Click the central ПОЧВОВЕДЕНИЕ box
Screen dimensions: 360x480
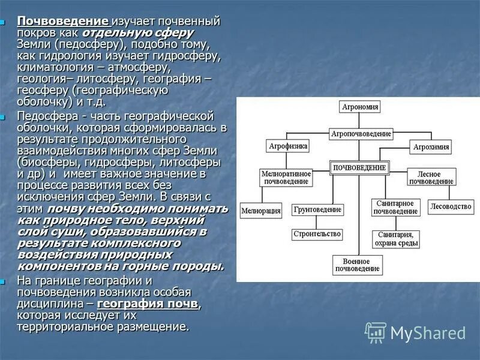click(359, 167)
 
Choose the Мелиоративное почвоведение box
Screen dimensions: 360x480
click(286, 177)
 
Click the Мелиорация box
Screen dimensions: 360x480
click(261, 211)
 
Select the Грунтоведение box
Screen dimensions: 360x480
click(318, 210)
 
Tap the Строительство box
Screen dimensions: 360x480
click(317, 234)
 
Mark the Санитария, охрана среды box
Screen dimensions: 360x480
click(395, 239)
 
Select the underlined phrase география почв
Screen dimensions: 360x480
click(148, 304)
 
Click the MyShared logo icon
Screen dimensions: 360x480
click(376, 332)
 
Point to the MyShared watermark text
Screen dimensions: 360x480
click(428, 332)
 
